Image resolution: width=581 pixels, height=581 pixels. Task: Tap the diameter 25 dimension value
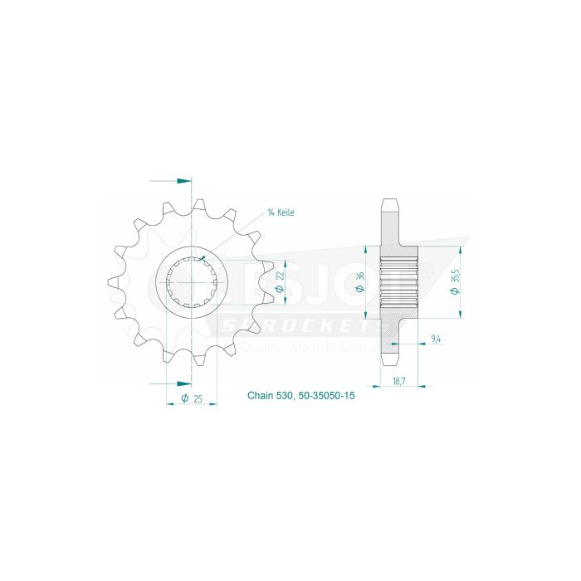(x=192, y=400)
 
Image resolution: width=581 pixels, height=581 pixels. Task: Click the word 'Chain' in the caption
(x=260, y=397)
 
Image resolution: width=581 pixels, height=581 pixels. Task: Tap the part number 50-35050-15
(x=325, y=397)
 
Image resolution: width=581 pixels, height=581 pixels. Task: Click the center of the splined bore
(x=192, y=281)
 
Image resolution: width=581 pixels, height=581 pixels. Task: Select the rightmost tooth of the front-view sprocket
(x=271, y=281)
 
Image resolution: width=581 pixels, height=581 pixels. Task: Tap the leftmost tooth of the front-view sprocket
(x=113, y=281)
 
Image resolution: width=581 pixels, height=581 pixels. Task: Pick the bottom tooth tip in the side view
(x=390, y=363)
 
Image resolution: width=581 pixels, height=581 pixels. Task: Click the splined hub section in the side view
(x=396, y=281)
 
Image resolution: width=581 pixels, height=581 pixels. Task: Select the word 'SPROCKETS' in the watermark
(x=299, y=319)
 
